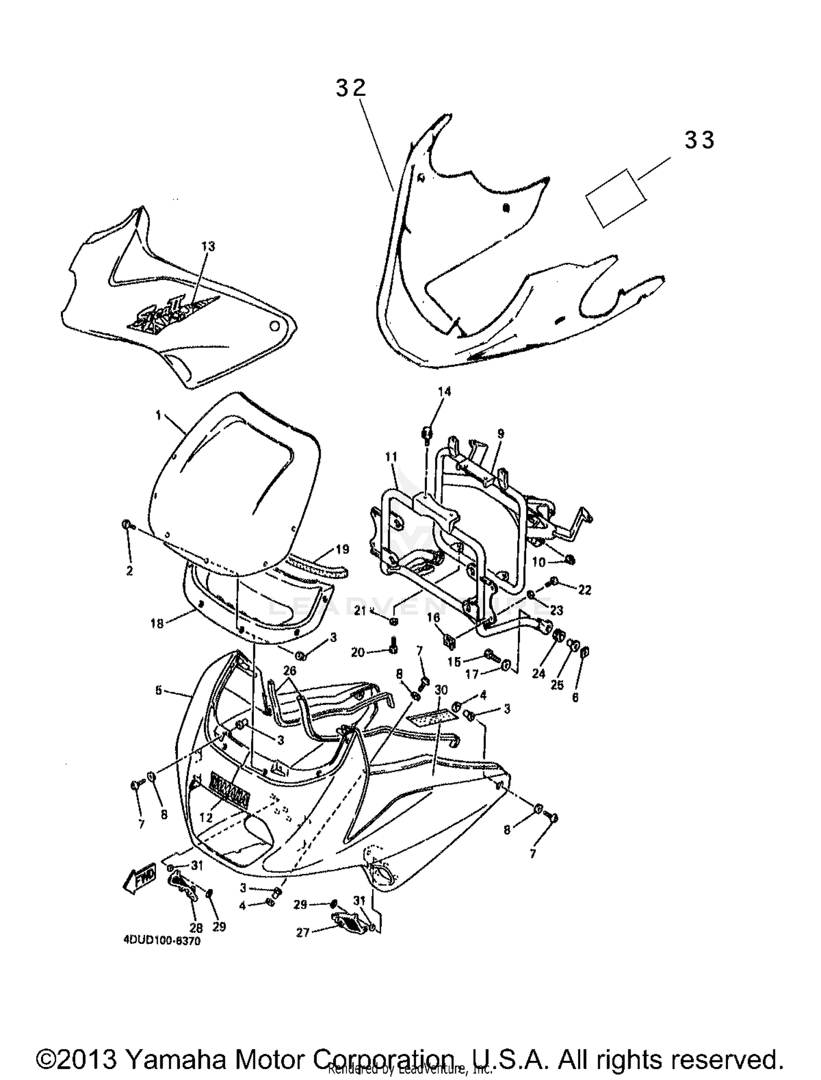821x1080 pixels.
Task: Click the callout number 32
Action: tap(350, 88)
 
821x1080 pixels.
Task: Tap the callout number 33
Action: tap(699, 141)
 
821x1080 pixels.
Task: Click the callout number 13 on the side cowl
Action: tap(208, 246)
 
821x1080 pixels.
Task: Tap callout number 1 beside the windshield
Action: tap(158, 416)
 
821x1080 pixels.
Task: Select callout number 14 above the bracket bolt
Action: tap(444, 391)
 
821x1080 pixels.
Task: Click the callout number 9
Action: tap(500, 434)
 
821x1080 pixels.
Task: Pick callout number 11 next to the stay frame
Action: tap(391, 457)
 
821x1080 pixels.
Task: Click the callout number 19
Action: tap(342, 550)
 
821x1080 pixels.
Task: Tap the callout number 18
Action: tap(157, 623)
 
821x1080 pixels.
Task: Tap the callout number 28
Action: tap(195, 927)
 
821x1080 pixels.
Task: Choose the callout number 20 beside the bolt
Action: tap(358, 652)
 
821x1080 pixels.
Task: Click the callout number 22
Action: tap(585, 590)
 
